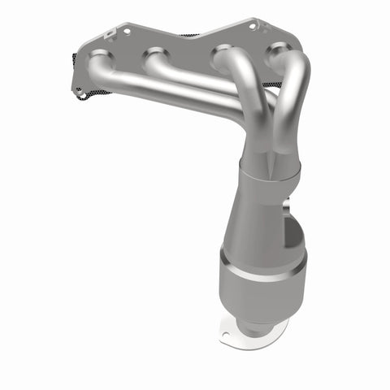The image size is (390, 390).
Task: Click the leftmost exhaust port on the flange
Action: (x=99, y=58)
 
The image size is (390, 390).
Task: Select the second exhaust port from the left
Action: (x=154, y=58)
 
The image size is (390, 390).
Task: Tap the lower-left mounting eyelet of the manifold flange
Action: (x=81, y=94)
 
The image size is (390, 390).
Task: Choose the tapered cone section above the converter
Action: (x=256, y=219)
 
